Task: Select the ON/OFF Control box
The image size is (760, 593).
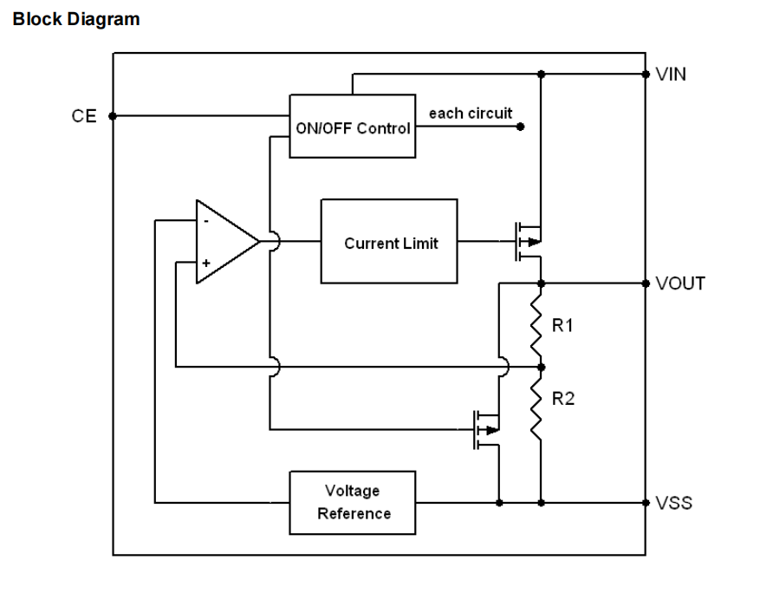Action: (352, 127)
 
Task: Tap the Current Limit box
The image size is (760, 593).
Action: (389, 242)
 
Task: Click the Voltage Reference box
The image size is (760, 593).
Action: (353, 502)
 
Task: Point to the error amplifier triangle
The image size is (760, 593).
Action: (224, 242)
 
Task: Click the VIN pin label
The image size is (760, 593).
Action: (671, 75)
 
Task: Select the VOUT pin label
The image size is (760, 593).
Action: (680, 283)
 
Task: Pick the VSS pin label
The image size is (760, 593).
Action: (674, 502)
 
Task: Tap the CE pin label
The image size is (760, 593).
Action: (84, 116)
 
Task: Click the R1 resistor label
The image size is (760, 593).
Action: (563, 325)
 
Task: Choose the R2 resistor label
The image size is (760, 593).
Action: (563, 399)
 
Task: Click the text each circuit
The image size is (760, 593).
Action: (470, 113)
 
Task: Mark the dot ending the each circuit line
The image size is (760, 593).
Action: (521, 127)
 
